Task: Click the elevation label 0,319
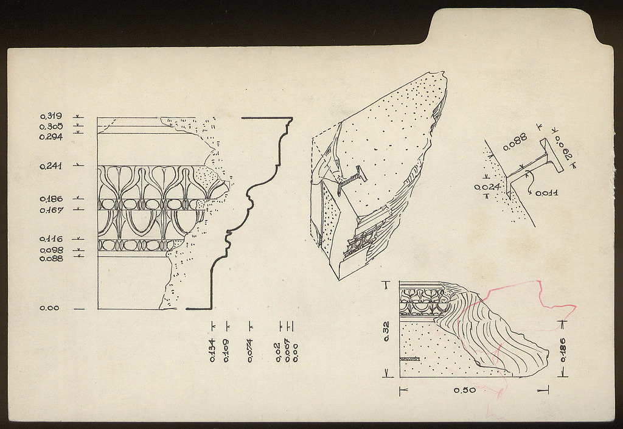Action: click(51, 116)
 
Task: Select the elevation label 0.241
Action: click(51, 167)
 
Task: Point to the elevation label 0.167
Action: click(51, 210)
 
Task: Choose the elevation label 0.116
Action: click(51, 239)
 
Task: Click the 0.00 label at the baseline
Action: click(49, 308)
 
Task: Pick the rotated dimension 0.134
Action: click(212, 350)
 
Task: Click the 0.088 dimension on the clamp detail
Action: click(515, 142)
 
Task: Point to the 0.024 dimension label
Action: click(487, 187)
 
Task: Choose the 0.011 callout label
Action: click(547, 194)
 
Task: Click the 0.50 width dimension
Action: click(465, 391)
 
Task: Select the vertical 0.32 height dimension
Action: click(386, 331)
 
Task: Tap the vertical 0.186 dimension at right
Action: click(563, 350)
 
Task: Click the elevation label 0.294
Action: click(51, 137)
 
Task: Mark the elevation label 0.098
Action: click(51, 250)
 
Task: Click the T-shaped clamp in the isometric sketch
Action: click(352, 177)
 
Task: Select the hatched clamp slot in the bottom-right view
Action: click(410, 359)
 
